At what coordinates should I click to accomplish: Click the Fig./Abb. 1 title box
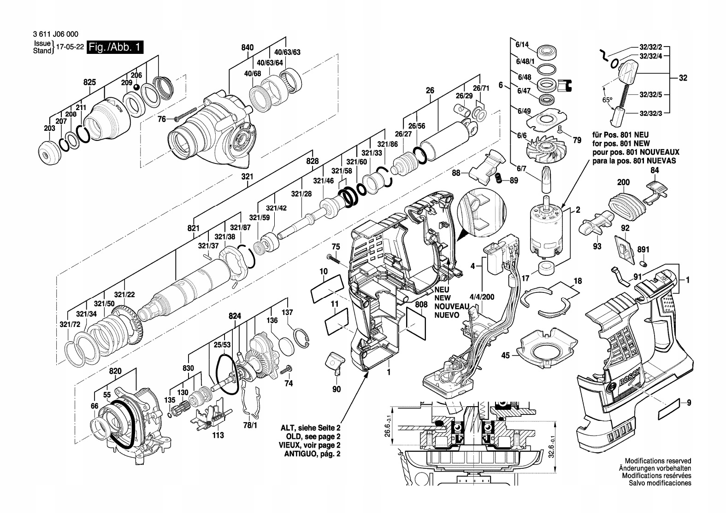click(116, 47)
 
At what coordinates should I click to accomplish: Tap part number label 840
click(247, 47)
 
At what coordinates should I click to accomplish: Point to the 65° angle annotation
click(608, 99)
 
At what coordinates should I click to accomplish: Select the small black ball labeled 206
click(136, 87)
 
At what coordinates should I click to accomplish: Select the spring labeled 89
click(498, 178)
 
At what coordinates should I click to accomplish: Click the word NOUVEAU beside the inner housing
click(451, 307)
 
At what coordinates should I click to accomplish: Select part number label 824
click(235, 316)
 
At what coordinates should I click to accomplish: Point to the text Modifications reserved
click(658, 461)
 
